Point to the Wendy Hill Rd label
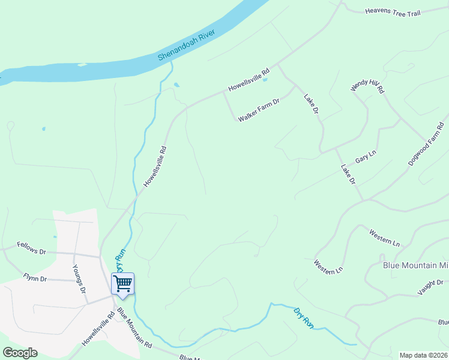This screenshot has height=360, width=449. click(x=367, y=89)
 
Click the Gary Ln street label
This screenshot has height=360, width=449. click(x=365, y=158)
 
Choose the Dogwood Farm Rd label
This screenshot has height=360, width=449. click(x=426, y=145)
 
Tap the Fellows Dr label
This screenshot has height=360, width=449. click(x=31, y=251)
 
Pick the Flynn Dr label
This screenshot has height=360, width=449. click(x=35, y=278)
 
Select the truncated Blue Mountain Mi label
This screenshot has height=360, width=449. click(x=415, y=265)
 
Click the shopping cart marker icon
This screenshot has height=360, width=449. click(x=122, y=283)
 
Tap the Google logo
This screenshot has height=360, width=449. click(x=20, y=353)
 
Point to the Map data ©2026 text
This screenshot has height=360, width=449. click(x=423, y=355)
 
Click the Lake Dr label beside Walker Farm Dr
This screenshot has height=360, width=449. click(x=311, y=104)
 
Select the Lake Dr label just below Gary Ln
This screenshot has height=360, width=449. click(x=348, y=174)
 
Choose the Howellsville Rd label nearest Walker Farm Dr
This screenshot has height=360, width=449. click(x=248, y=80)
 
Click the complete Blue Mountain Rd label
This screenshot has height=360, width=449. click(x=135, y=329)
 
